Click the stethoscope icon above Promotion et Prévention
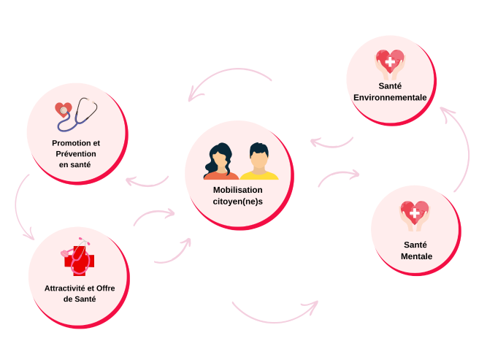pos(77,113)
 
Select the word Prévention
pos(76,153)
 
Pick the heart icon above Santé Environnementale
pos(390,64)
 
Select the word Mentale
pos(416,256)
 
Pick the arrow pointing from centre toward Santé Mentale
pos(339,177)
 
